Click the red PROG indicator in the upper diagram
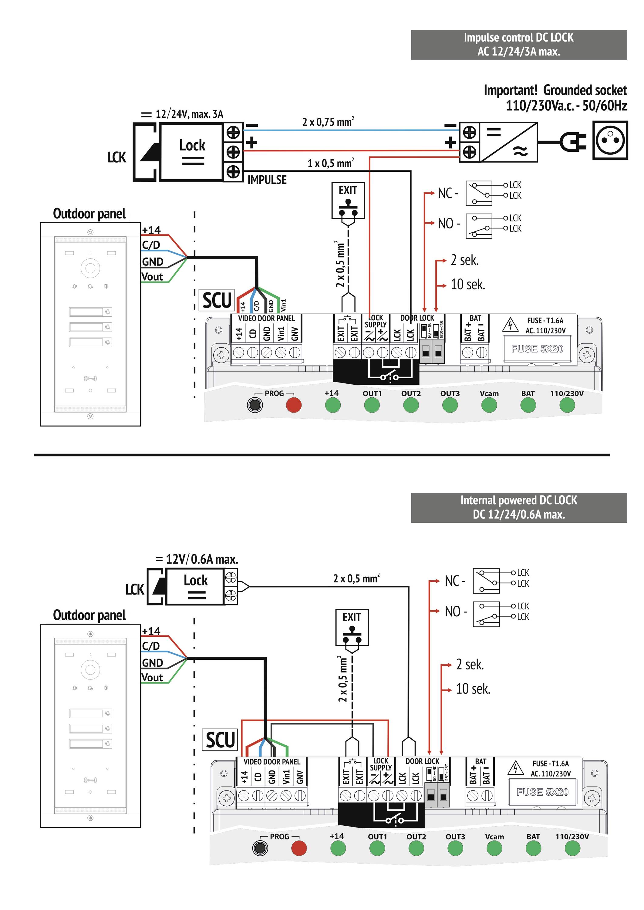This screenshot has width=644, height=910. coord(294,405)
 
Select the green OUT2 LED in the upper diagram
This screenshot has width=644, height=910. coord(411,405)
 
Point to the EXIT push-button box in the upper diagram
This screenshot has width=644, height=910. coord(348,200)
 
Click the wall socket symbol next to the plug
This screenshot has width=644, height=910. coord(610,140)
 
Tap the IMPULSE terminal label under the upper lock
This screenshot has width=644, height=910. coord(267,180)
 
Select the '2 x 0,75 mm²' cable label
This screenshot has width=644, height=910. coord(328,122)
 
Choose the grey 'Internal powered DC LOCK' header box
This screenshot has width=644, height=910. coord(518,507)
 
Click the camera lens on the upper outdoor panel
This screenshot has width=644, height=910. coord(90,268)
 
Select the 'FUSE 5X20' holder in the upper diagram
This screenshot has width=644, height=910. coord(537,349)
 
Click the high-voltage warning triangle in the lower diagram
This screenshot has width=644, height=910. coord(515,768)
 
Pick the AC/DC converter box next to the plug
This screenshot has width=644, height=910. coord(508,142)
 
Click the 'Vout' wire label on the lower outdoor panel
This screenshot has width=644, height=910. coord(152,678)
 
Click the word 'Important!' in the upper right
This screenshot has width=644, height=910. coord(510,90)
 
